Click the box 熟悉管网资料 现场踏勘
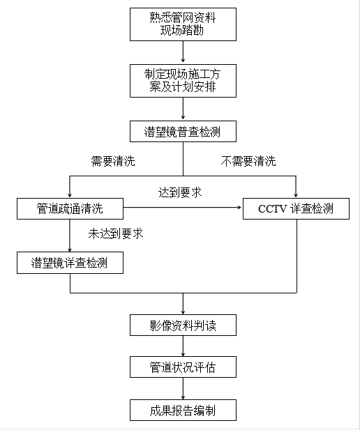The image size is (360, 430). point(183,24)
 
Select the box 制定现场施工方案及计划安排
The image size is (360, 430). point(183,80)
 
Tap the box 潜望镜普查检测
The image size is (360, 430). point(183,131)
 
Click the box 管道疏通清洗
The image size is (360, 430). point(70,208)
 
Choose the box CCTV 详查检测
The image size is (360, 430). point(296,208)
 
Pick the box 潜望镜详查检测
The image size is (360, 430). point(70,263)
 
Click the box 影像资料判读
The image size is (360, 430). point(183,324)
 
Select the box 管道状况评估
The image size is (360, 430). point(183,367)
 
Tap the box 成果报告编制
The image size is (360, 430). point(183,410)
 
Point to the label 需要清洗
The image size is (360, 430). point(113,162)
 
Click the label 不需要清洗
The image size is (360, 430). point(248,162)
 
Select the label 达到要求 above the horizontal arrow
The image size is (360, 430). point(181,191)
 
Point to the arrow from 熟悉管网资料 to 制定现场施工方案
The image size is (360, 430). point(183,52)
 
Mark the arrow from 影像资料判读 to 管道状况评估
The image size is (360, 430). point(183,346)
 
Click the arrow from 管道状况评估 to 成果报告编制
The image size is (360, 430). point(183,388)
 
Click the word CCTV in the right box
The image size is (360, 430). point(273,208)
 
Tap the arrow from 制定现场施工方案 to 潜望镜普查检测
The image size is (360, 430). point(183,109)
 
